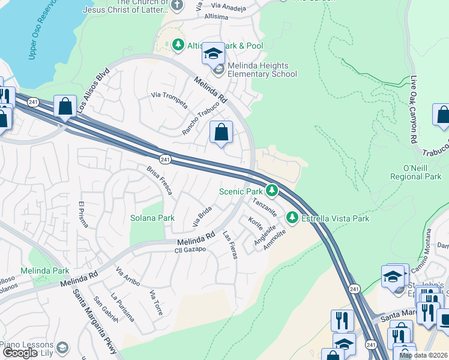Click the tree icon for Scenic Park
point(272,191)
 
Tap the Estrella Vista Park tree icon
point(292,217)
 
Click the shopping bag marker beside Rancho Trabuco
point(221,133)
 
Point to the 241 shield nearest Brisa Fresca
point(166,159)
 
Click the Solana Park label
point(152,218)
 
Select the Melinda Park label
point(44,271)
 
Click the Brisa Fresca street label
point(160,181)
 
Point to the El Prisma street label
point(83,215)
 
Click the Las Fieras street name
point(230,245)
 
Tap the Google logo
point(20,353)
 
